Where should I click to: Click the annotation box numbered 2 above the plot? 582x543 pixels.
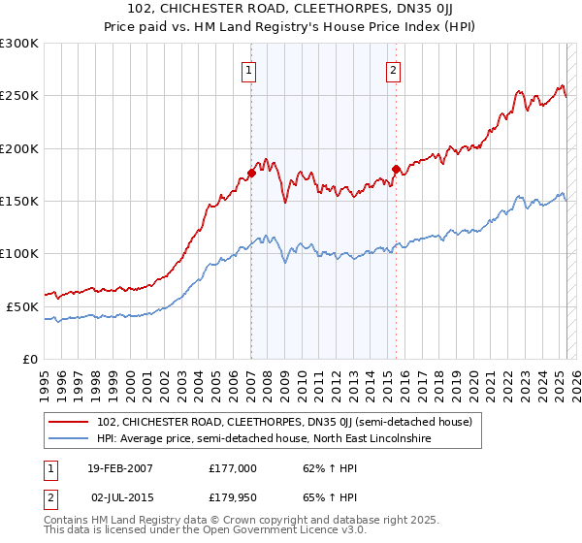[x=394, y=70]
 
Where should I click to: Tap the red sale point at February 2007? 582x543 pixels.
[x=251, y=173]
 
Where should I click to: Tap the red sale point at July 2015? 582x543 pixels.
[x=396, y=170]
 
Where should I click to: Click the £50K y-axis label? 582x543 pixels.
[x=22, y=306]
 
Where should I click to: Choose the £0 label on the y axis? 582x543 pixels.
[x=30, y=359]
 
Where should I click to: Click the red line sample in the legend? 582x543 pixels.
[x=70, y=422]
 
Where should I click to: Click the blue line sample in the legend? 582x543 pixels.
[x=70, y=438]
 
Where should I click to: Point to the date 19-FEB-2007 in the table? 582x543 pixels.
[x=120, y=467]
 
